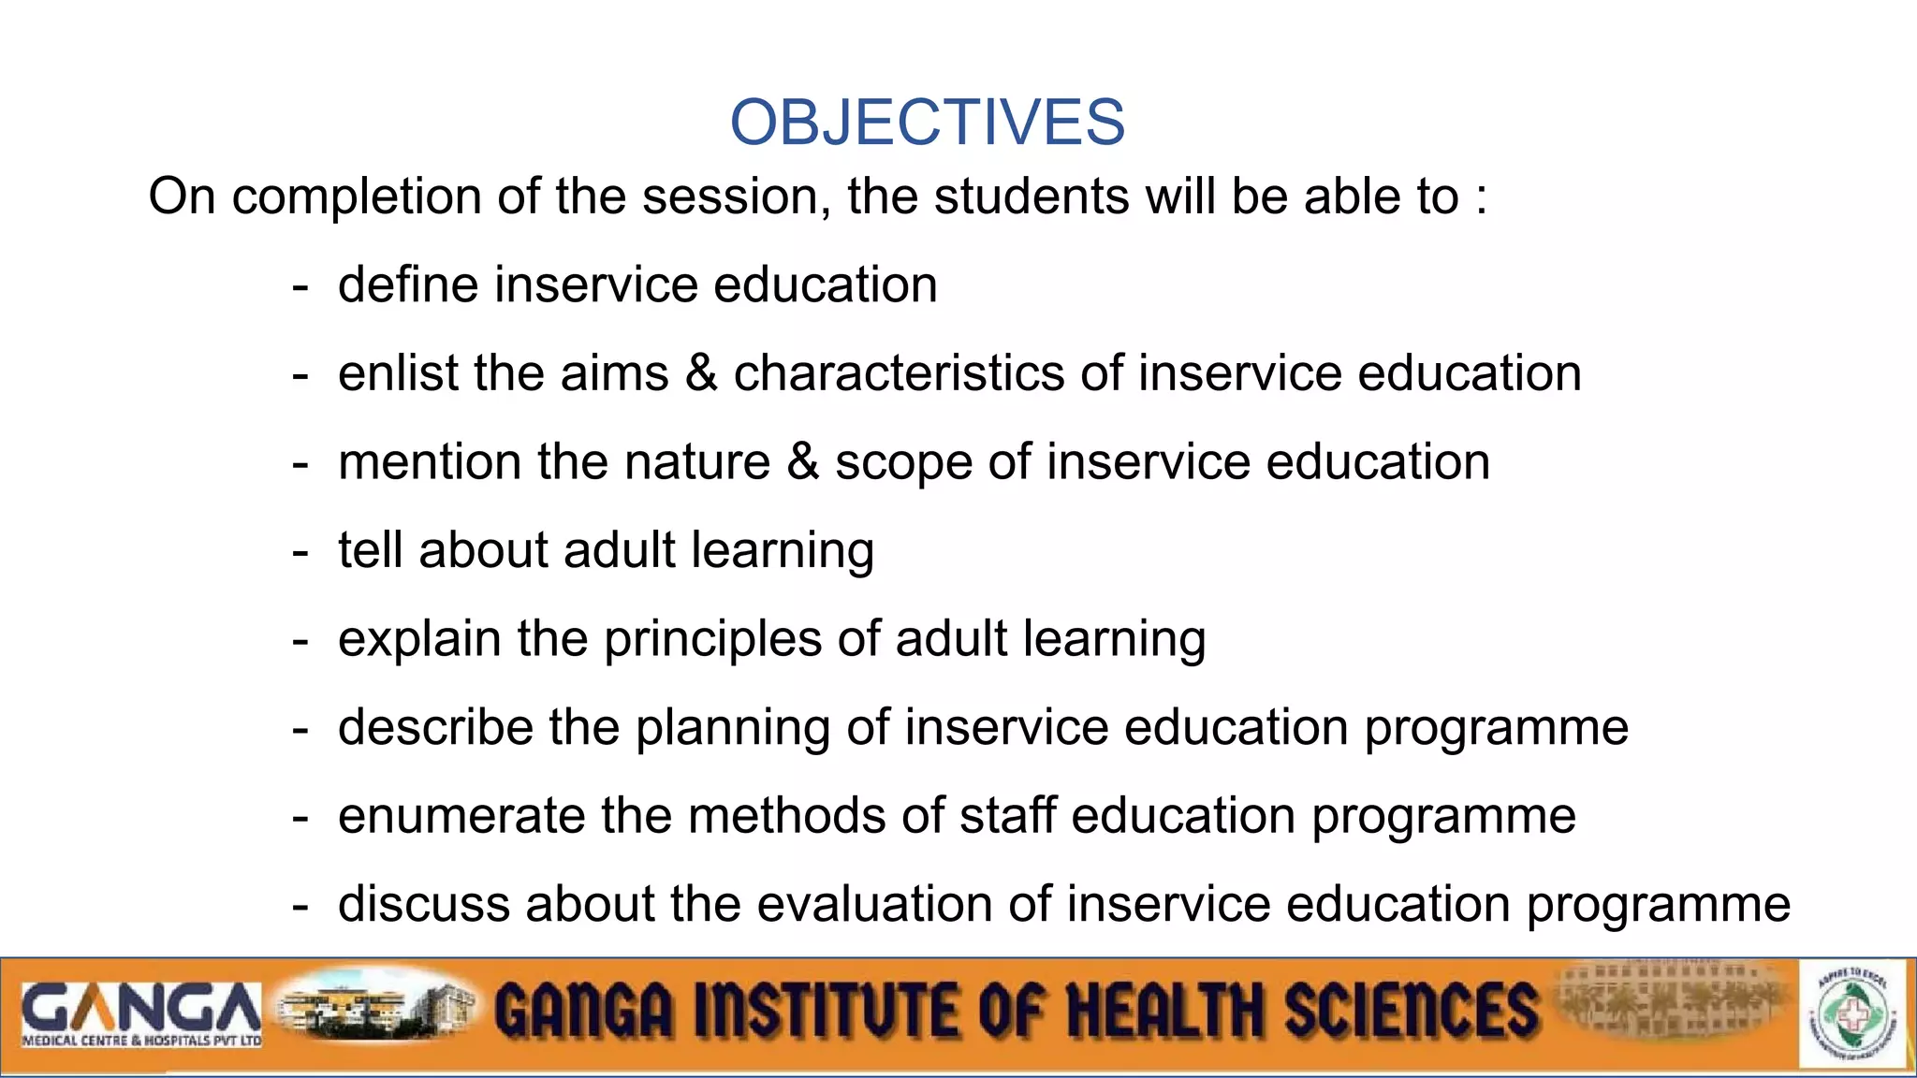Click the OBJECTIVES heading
[x=927, y=123]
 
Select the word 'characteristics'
[x=899, y=373]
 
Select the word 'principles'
[x=712, y=640]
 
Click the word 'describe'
[x=435, y=727]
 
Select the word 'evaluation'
[x=874, y=904]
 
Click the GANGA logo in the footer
[x=140, y=1012]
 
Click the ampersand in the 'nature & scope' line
[x=802, y=462]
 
